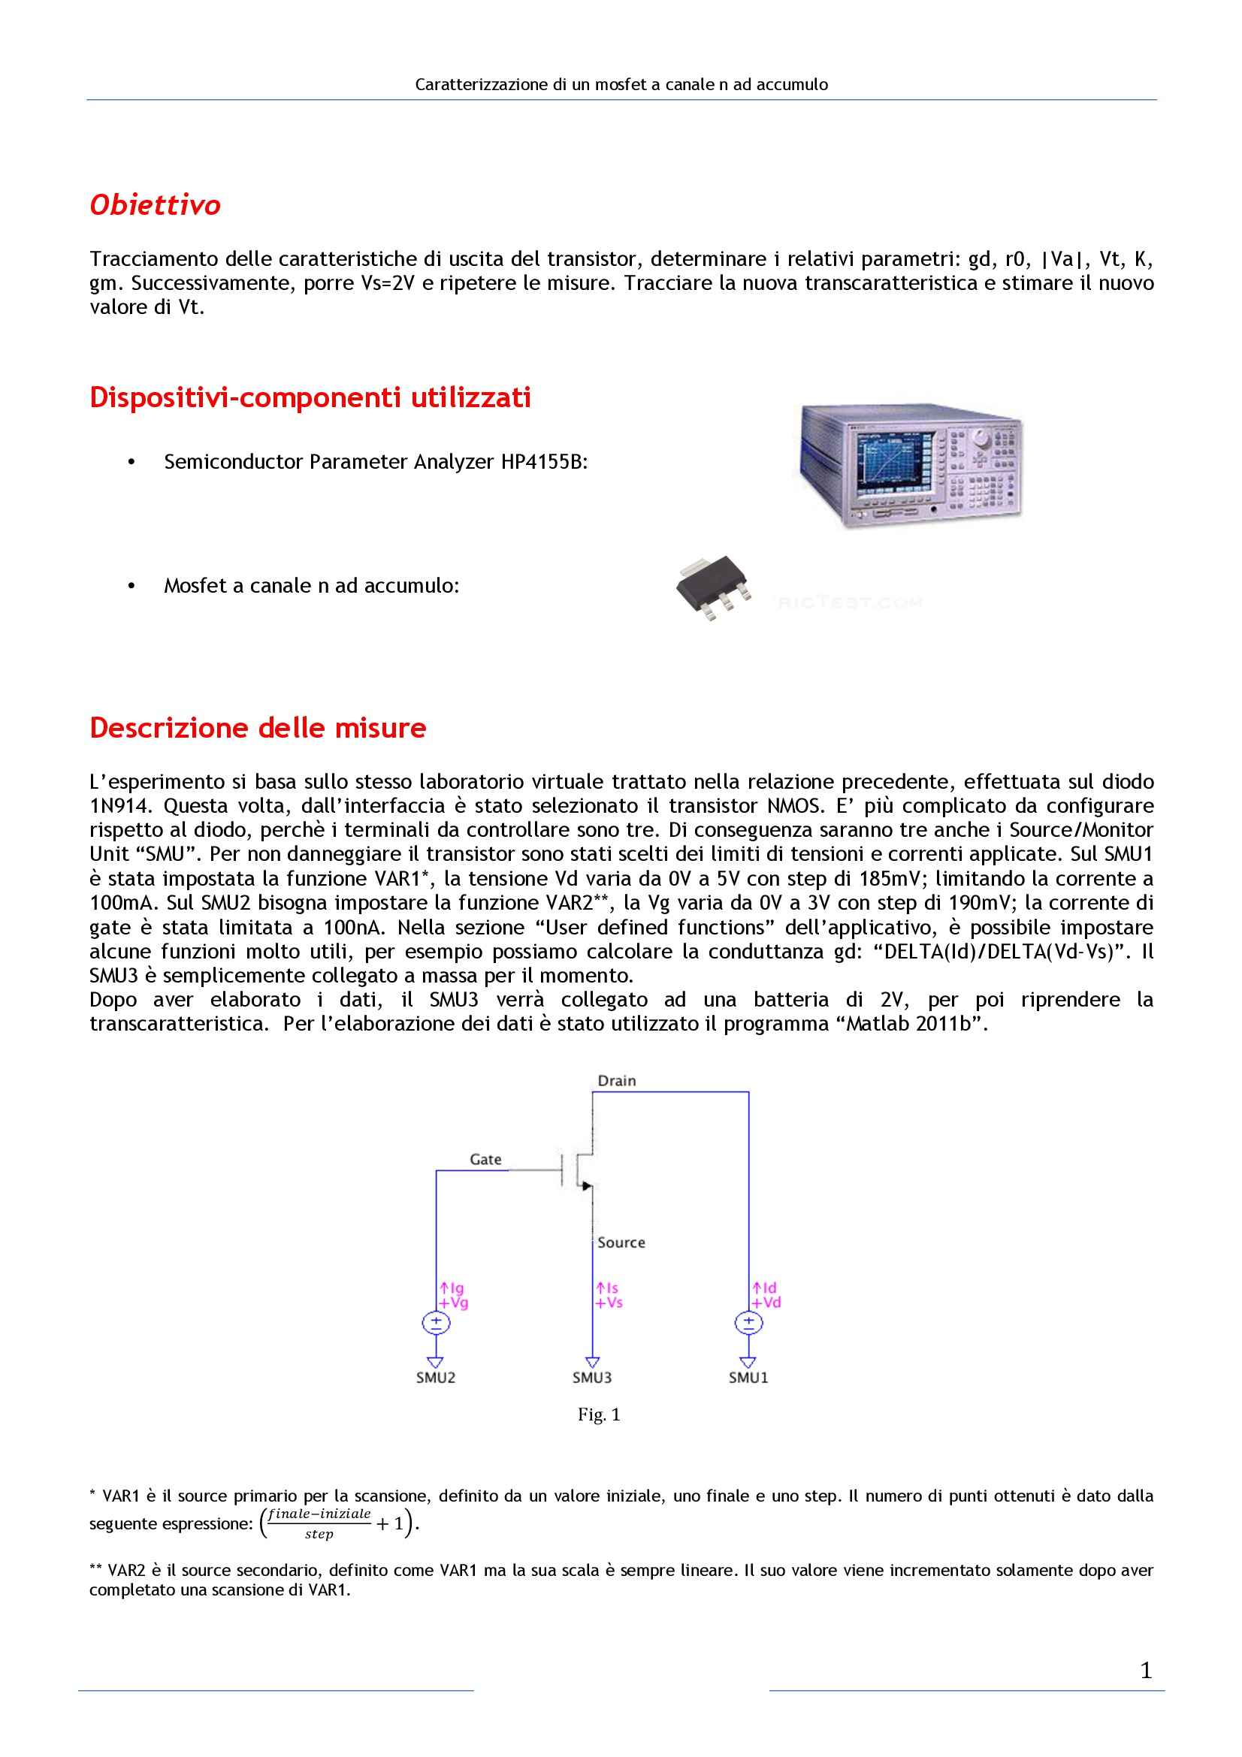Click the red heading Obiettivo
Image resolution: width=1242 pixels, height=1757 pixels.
[156, 205]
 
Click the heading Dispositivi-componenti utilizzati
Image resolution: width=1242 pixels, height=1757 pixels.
[310, 398]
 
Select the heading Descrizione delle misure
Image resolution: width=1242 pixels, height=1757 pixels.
[258, 728]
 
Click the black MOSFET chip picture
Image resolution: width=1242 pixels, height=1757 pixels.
[710, 587]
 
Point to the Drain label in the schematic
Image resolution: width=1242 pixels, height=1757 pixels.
[617, 1080]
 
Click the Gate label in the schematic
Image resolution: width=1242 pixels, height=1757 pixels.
[485, 1159]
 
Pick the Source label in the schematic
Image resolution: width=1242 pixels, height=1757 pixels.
[621, 1242]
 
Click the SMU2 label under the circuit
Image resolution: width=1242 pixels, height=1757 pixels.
[436, 1378]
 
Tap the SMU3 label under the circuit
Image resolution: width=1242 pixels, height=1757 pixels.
[591, 1378]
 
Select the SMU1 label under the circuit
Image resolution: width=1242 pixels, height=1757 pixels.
[748, 1378]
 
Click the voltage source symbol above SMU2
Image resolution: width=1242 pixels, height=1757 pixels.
[437, 1322]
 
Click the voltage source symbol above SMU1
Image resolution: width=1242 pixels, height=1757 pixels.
[748, 1322]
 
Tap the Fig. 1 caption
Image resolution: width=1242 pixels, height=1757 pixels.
[598, 1414]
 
